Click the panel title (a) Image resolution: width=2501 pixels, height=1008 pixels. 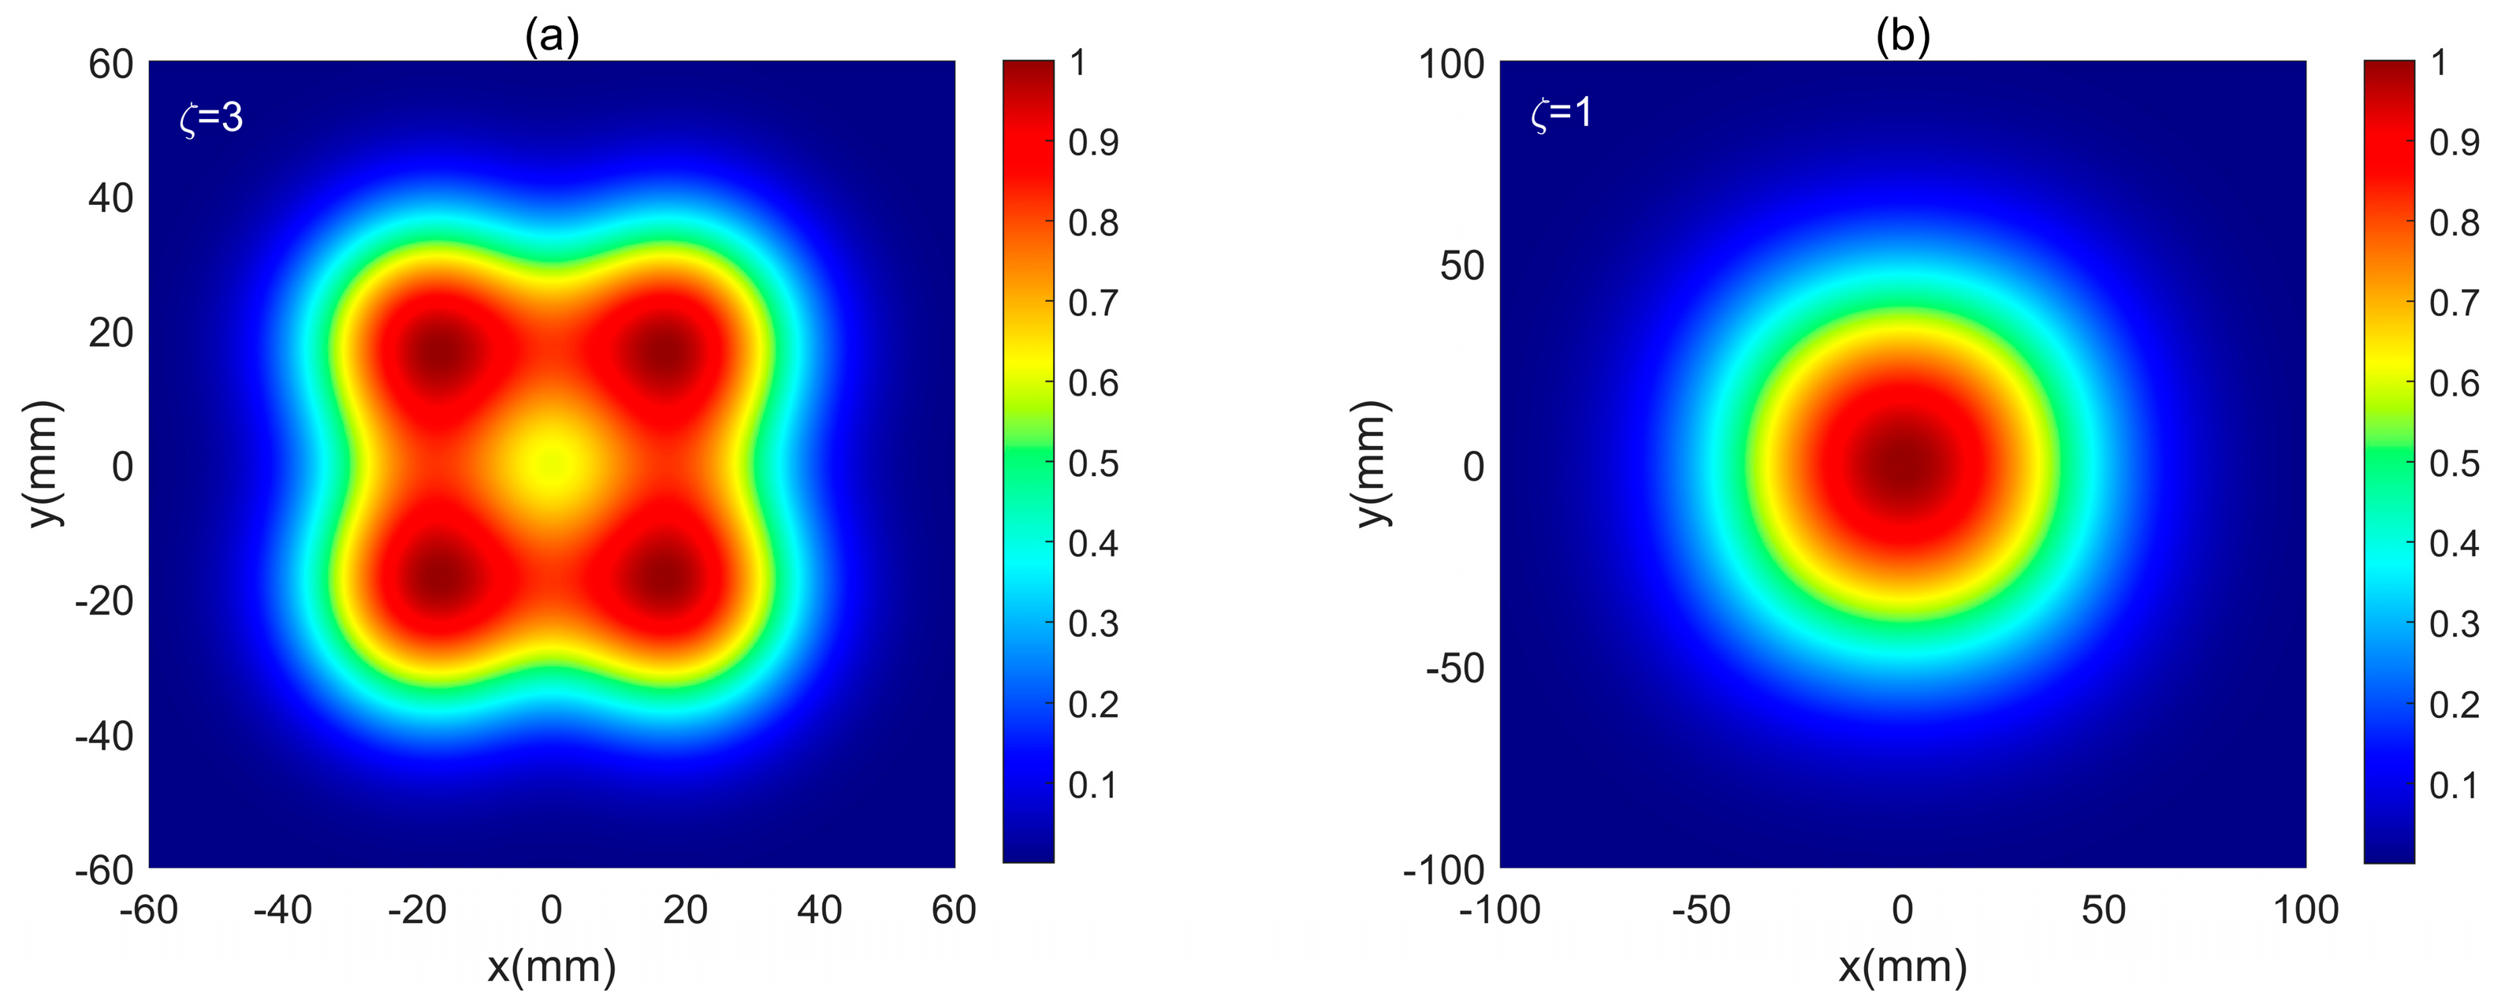[552, 37]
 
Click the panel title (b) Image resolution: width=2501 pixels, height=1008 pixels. [1902, 37]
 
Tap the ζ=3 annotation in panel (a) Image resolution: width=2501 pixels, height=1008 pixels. [212, 117]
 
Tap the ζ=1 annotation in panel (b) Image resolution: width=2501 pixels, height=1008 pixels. [1561, 113]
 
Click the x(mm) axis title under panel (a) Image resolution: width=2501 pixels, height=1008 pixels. [552, 966]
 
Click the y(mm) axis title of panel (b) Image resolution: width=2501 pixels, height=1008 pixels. [1371, 464]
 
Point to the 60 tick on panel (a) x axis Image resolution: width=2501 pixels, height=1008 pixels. [954, 910]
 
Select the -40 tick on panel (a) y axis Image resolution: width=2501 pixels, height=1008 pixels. [104, 736]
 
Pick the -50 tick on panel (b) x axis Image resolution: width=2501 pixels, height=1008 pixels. [1701, 910]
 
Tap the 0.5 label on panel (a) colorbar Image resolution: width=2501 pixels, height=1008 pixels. [1093, 463]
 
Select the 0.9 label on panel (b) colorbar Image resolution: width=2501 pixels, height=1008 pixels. [2454, 143]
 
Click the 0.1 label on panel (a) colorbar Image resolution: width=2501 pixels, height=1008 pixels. [1093, 785]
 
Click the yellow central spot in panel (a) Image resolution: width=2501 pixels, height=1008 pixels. [552, 465]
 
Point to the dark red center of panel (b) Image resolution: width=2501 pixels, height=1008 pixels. [1903, 465]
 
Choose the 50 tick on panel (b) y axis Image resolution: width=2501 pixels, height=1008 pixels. [1462, 265]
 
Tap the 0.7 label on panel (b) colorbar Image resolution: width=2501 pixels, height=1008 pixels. [2454, 303]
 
